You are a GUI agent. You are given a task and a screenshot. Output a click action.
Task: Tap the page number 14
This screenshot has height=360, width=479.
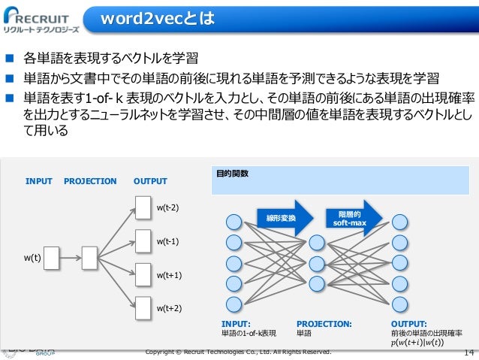[469, 352]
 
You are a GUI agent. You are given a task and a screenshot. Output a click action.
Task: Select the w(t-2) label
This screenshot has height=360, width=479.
[167, 206]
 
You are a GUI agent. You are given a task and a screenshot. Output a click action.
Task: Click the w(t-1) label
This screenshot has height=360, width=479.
[167, 241]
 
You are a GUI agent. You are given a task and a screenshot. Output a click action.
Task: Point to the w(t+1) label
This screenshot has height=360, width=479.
[168, 275]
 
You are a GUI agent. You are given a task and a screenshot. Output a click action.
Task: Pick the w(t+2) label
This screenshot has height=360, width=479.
[168, 308]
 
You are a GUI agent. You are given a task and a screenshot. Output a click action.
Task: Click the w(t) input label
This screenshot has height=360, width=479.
[32, 258]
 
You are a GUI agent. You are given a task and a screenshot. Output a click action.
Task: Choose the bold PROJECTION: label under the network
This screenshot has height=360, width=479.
[324, 324]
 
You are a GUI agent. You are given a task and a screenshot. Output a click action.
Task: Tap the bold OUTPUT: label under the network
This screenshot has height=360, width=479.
[408, 324]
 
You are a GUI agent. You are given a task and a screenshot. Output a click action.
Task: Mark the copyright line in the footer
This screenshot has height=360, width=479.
[238, 351]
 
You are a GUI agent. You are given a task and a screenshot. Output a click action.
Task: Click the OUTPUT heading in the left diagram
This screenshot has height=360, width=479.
[150, 181]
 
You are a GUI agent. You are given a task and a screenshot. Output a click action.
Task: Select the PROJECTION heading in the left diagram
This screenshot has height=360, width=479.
[90, 181]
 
